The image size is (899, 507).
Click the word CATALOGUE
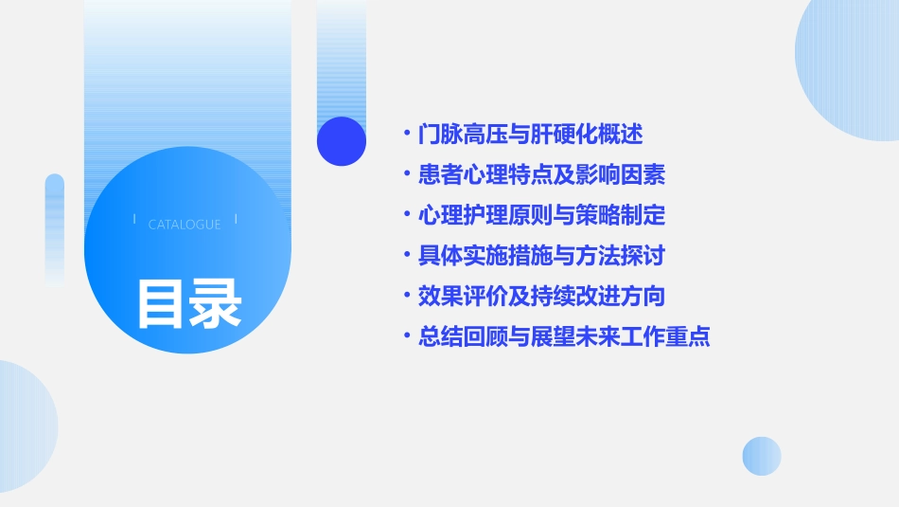coord(185,225)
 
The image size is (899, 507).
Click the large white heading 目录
coord(189,303)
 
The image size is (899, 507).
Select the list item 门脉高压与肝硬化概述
coord(530,135)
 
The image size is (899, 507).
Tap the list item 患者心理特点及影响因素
coord(541,174)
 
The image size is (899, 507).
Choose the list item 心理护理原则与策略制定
coord(541,215)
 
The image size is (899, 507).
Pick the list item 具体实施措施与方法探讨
coord(541,256)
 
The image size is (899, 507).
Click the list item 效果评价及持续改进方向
coord(541,297)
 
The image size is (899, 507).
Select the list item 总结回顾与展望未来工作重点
coord(564,336)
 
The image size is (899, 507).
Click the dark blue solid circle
coord(342,141)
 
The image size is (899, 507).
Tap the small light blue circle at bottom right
coord(762,456)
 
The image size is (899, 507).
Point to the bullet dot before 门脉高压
coord(406,135)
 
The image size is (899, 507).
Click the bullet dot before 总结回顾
coord(406,336)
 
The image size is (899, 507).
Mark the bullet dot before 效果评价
coord(406,297)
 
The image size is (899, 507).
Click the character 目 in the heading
coord(162,303)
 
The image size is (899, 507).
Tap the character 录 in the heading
coord(216,303)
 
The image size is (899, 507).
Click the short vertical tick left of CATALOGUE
coord(134,220)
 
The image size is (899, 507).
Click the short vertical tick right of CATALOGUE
coord(236,220)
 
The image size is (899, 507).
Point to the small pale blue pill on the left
coord(55,227)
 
